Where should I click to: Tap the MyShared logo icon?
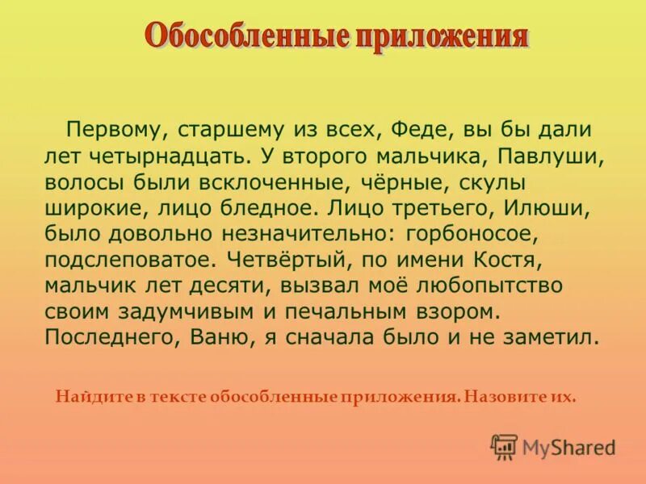point(504,446)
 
